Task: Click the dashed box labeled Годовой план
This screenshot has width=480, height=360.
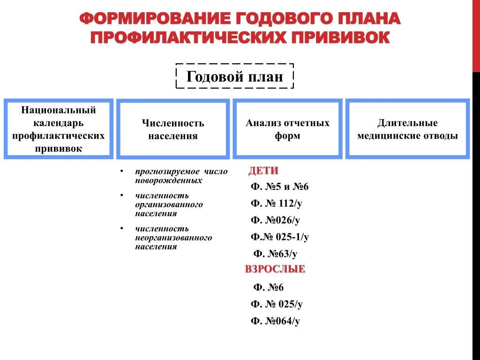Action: point(234,76)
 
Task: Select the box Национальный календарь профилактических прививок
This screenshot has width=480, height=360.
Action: point(59,129)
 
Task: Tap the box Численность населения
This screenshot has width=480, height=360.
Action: point(173,129)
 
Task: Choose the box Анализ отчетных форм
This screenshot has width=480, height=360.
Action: point(287,129)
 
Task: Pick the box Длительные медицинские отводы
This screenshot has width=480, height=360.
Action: point(407,129)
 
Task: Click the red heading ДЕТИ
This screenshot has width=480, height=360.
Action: point(263,171)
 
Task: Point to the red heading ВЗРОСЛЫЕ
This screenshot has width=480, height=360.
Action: point(275,269)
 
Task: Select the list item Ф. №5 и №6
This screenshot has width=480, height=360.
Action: point(279,187)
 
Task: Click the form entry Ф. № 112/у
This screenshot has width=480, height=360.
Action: point(277,203)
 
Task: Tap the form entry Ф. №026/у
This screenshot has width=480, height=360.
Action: point(275,220)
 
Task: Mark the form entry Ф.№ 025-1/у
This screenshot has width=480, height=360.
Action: point(279,237)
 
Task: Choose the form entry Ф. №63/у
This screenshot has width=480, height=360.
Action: point(275,254)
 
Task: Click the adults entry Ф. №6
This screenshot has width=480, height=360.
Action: point(268,287)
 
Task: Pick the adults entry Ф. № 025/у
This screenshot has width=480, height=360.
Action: point(277,304)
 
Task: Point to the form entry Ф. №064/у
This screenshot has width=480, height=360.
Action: point(275,321)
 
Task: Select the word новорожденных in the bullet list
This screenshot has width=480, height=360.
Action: point(169,180)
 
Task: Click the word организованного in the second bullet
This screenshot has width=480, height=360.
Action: point(169,205)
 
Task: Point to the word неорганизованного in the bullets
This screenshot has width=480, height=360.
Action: point(173,238)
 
